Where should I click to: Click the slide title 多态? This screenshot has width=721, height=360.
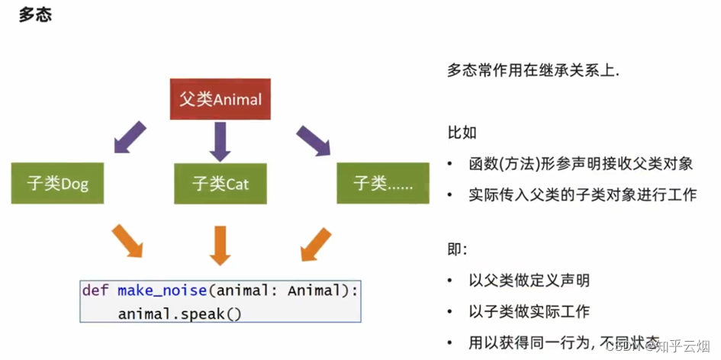35,14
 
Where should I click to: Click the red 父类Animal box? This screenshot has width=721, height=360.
220,99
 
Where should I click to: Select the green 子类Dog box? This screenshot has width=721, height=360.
57,183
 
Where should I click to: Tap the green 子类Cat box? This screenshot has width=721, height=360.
220,183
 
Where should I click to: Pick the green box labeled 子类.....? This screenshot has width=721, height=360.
383,183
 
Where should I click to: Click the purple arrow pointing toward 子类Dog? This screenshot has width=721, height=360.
130,137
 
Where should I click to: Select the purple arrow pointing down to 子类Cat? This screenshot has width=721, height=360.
220,142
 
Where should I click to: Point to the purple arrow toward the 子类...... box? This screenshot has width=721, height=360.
313,140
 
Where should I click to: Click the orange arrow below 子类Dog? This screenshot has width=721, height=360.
127,240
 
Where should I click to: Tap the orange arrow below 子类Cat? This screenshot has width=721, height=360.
220,246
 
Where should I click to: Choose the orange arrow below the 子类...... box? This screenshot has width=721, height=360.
316,244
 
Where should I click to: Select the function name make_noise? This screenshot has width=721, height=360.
163,291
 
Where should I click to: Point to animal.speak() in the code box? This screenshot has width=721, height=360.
179,314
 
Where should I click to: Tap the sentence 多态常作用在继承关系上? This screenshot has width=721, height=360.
533,72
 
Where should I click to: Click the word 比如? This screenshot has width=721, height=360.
462,133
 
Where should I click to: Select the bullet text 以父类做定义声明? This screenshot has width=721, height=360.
529,280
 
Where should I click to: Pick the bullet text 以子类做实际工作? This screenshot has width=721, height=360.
529,312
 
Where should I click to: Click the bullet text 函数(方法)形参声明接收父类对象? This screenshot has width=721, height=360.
581,164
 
